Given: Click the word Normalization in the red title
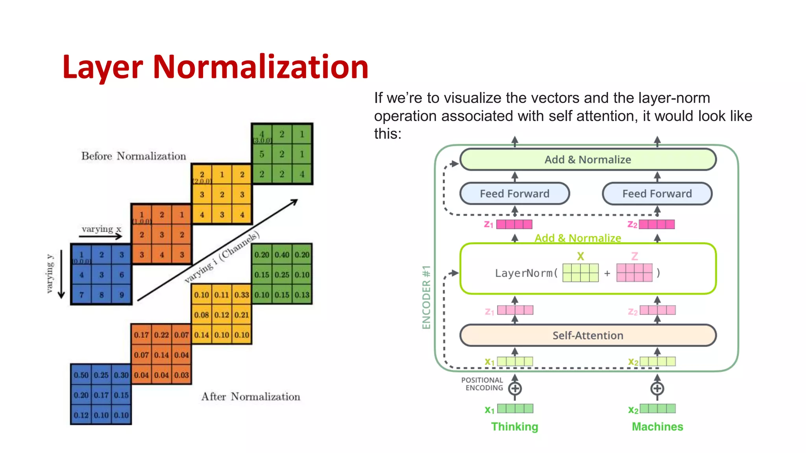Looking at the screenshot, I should [260, 67].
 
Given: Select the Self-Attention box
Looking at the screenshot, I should [588, 335].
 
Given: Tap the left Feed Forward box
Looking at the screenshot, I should [514, 193].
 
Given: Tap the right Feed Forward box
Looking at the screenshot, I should [657, 193].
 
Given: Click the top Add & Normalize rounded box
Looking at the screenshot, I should [588, 159].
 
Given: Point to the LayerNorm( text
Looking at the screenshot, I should [526, 273].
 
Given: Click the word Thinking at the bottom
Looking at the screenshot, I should [514, 427].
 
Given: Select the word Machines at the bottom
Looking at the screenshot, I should [657, 427].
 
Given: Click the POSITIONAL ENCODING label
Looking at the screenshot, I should [482, 384].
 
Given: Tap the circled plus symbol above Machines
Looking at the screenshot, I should [657, 389].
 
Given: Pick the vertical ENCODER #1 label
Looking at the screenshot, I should [426, 297].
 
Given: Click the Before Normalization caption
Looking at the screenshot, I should [133, 156].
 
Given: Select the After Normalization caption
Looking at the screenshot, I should [251, 396].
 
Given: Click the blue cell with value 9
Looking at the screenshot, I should [122, 295].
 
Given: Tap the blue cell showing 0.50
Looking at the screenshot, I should [81, 375].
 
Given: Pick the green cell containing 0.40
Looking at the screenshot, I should [282, 255].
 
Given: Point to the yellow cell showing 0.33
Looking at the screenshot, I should [242, 295].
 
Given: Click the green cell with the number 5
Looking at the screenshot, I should [262, 154].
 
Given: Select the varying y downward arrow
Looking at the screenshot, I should [61, 274].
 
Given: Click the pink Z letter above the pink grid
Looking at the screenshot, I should [634, 256].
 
